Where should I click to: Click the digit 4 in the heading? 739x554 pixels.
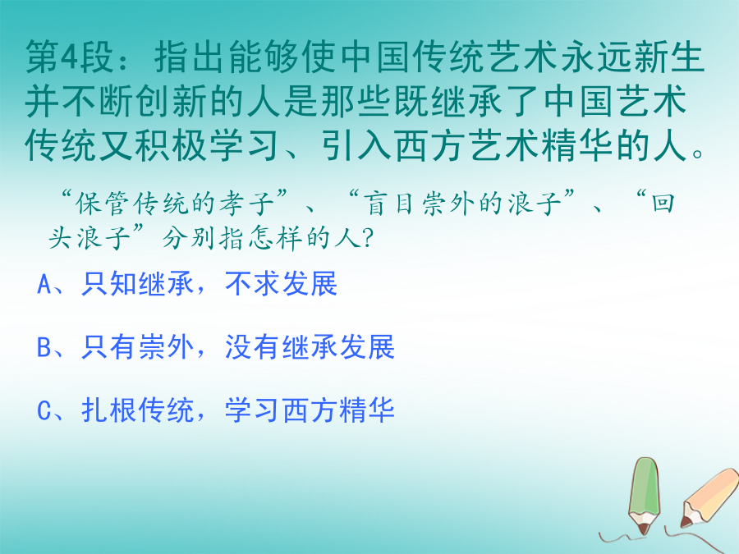pyautogui.click(x=71, y=57)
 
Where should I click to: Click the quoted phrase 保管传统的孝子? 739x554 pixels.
pyautogui.click(x=174, y=204)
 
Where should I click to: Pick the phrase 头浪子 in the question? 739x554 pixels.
pyautogui.click(x=90, y=237)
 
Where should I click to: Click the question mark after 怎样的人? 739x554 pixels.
pyautogui.click(x=368, y=237)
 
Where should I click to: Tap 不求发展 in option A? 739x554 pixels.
pyautogui.click(x=282, y=284)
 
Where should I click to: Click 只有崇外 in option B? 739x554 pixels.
pyautogui.click(x=138, y=347)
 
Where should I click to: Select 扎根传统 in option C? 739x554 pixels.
pyautogui.click(x=138, y=410)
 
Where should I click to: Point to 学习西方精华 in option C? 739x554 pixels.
pyautogui.click(x=310, y=410)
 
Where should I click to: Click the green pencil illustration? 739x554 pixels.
pyautogui.click(x=645, y=496)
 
